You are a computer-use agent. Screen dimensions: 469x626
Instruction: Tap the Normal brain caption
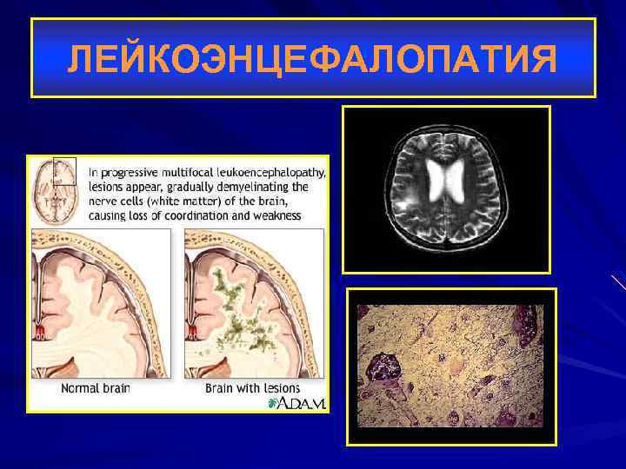pos(95,388)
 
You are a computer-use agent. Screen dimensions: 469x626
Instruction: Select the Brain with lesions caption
pos(252,388)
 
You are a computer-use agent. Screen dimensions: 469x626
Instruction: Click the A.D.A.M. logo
pos(296,403)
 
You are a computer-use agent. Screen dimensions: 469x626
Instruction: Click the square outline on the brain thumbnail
pos(64,170)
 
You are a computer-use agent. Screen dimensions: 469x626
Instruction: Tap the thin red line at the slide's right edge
pos(618,281)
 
